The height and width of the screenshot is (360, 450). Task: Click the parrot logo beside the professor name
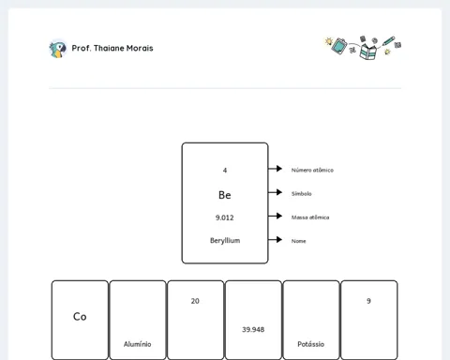58,49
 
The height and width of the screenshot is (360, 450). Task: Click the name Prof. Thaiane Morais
112,48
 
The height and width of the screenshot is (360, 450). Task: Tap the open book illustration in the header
367,52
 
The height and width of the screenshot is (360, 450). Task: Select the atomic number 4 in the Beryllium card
225,171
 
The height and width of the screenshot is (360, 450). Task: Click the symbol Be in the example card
225,195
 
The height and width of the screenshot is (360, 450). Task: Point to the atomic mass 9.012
224,217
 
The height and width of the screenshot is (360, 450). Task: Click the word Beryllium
225,241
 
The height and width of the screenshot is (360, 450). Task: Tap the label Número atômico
312,170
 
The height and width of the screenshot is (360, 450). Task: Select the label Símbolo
302,194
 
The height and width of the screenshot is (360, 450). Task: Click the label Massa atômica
310,217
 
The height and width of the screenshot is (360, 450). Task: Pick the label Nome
299,241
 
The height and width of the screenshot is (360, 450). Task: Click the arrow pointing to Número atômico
275,169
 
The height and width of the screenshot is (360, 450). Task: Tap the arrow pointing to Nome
275,240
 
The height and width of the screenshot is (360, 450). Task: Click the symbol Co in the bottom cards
80,317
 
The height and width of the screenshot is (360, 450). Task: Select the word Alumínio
138,344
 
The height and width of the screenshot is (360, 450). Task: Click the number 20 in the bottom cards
195,301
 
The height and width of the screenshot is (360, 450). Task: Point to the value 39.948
253,329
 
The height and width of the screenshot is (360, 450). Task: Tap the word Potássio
311,344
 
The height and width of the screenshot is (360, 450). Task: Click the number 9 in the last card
368,301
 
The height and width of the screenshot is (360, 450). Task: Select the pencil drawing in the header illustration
388,41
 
